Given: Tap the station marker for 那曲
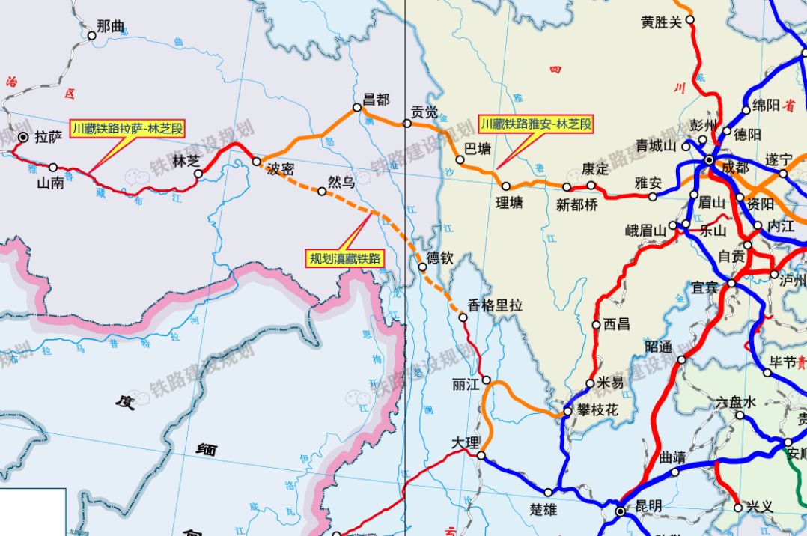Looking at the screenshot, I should [x=92, y=35].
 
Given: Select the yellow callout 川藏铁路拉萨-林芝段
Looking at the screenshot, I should [x=127, y=128].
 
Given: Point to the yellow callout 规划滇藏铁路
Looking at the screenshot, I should [x=346, y=258].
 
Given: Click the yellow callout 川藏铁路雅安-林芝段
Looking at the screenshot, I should [x=536, y=124].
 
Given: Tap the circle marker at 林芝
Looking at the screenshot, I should [x=198, y=174].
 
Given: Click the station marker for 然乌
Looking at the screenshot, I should [x=322, y=192].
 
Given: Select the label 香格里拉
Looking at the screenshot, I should [x=495, y=305].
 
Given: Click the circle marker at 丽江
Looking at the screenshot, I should [x=487, y=380].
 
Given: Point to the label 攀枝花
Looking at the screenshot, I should [x=597, y=411].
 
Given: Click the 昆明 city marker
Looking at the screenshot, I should [x=621, y=511].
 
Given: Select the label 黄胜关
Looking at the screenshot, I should [x=662, y=22].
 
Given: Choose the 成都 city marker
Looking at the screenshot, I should [x=708, y=159].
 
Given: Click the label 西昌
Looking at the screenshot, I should [x=616, y=325].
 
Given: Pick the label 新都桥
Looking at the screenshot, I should [x=576, y=204].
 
